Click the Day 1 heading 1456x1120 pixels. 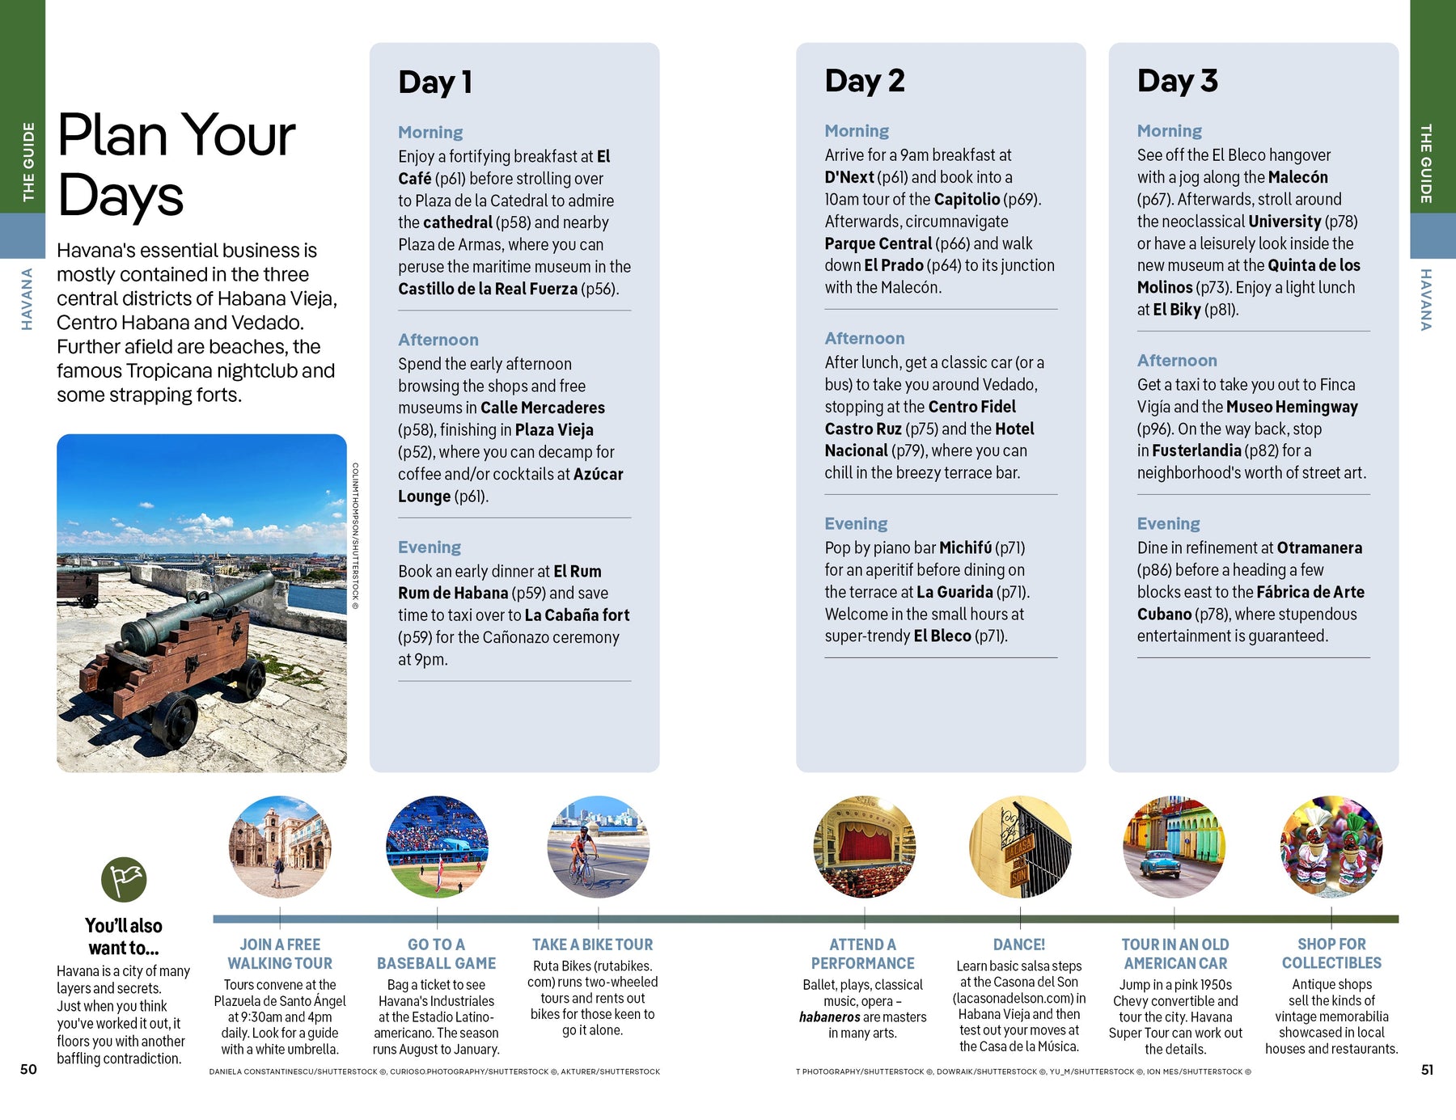click(435, 82)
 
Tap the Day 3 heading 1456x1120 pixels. click(1177, 81)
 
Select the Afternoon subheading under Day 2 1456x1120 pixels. click(864, 339)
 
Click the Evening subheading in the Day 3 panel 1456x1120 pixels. click(1168, 524)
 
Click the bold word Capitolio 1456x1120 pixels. click(967, 199)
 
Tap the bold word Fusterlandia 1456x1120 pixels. click(1196, 450)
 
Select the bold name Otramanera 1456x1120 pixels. click(1319, 547)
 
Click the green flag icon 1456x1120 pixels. click(124, 880)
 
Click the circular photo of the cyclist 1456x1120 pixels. click(598, 847)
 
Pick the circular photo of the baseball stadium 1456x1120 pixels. click(437, 847)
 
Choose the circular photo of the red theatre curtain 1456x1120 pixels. click(864, 847)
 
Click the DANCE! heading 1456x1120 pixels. click(1019, 945)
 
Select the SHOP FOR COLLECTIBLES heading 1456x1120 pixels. click(1331, 953)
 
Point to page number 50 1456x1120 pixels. click(28, 1069)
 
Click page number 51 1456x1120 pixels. click(1427, 1069)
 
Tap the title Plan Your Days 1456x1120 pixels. click(176, 165)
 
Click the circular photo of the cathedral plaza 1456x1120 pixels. click(280, 847)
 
